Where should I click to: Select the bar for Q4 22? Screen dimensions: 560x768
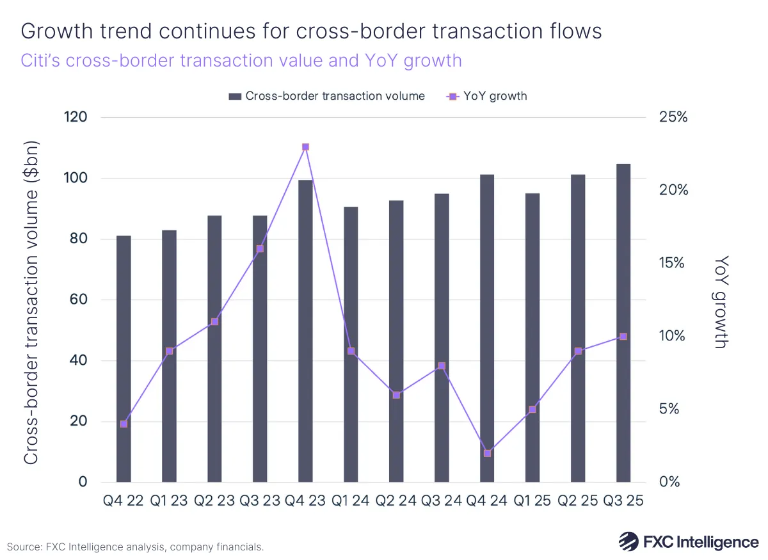coord(124,358)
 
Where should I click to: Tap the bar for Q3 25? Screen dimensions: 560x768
coord(623,323)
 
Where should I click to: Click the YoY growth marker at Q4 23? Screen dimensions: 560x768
coord(305,147)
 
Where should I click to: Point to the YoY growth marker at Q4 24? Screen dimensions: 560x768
coord(487,453)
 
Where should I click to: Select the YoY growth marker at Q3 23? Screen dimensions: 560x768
coord(260,249)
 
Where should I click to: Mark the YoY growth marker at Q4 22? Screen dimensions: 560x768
coord(124,424)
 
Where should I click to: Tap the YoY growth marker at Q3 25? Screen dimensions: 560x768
coord(623,337)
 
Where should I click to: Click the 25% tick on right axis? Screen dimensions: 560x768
coord(673,118)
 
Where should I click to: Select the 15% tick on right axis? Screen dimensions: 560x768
coord(673,264)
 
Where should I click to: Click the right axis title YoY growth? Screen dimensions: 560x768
coord(721,301)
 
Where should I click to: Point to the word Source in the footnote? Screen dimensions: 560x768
coord(24,547)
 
